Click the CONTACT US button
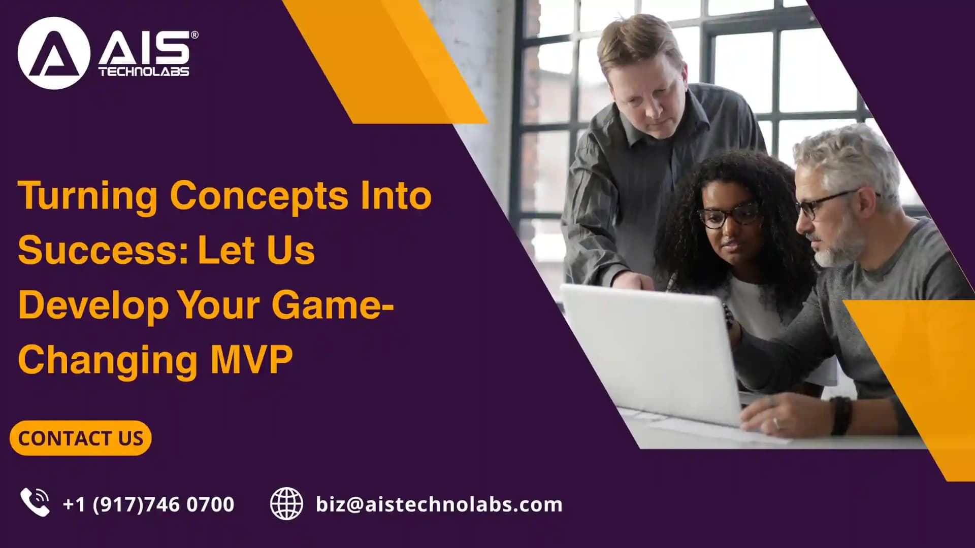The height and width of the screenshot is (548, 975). tap(80, 438)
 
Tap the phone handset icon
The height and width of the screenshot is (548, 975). tap(35, 502)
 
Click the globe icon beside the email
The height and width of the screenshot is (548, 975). tap(286, 503)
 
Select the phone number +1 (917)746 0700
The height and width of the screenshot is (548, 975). tap(148, 504)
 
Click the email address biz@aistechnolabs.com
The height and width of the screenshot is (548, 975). tap(439, 504)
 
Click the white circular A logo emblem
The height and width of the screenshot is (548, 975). tap(53, 53)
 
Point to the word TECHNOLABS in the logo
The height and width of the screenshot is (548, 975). tap(144, 72)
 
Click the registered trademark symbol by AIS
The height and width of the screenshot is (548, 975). tap(194, 35)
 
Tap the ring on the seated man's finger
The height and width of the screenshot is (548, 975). tap(775, 422)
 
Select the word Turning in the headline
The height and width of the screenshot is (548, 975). tap(87, 196)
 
